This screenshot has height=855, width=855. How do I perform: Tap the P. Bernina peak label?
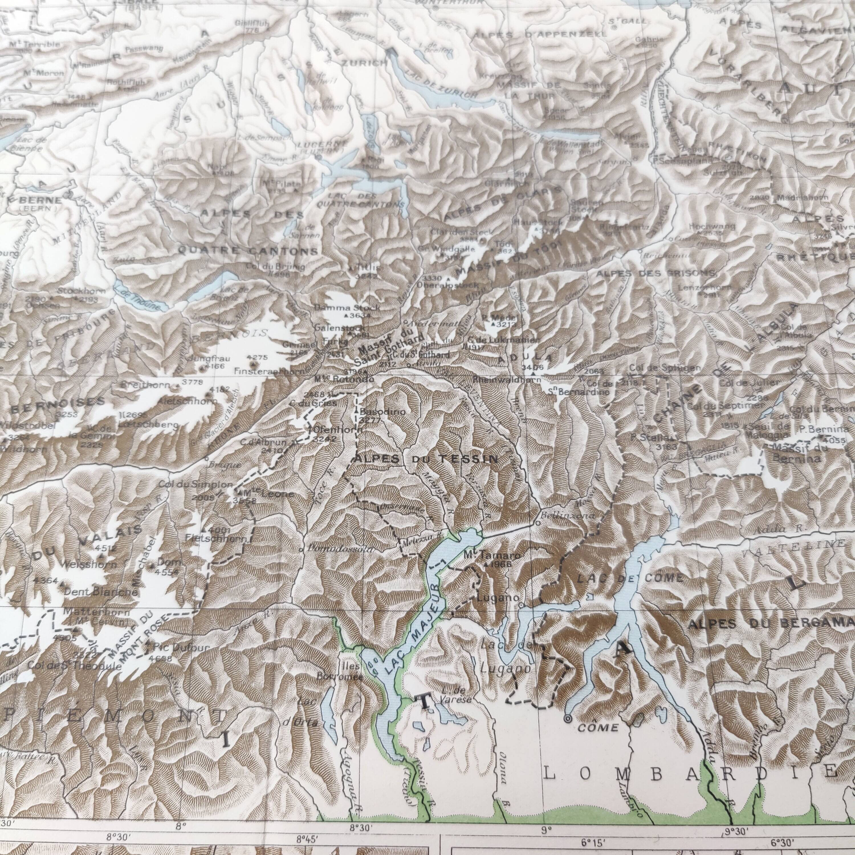(x=824, y=429)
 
